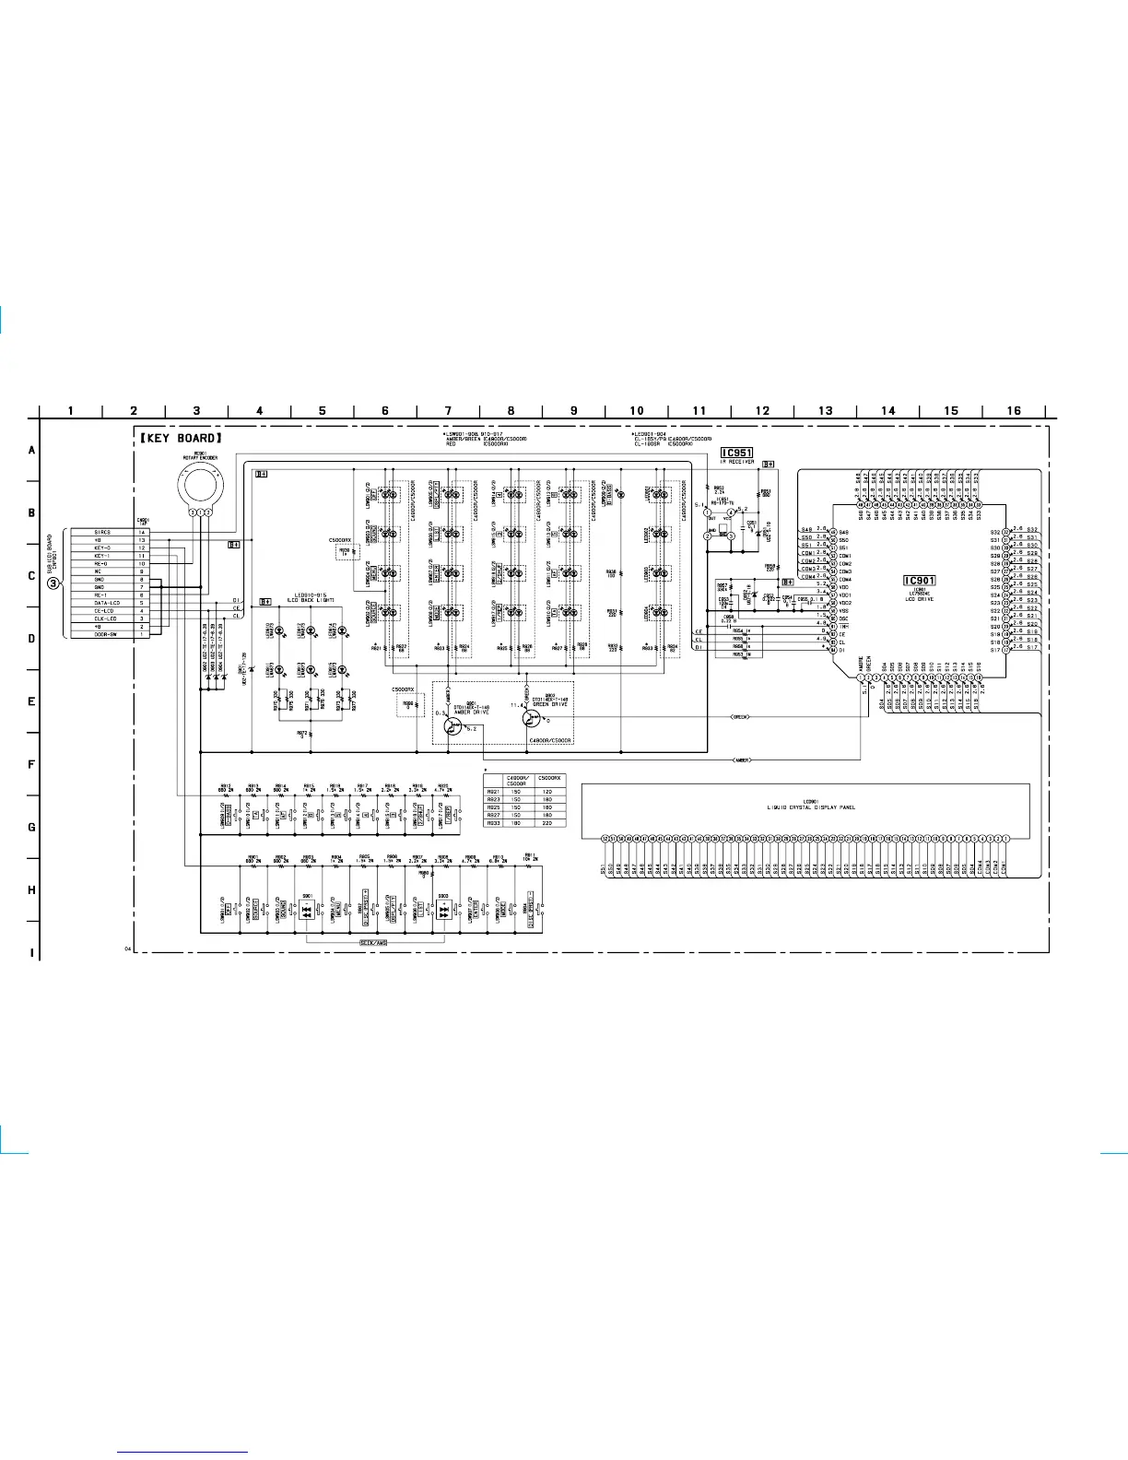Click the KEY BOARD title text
click(x=181, y=438)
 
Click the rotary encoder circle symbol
click(x=200, y=481)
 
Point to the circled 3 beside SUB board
click(x=54, y=583)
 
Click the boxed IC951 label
click(x=736, y=453)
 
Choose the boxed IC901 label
click(x=919, y=581)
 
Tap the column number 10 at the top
click(x=636, y=411)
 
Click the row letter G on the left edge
click(x=31, y=827)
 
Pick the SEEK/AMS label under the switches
click(x=373, y=943)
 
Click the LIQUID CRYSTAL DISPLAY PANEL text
click(x=811, y=807)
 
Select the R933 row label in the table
click(x=493, y=823)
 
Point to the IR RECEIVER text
click(x=736, y=462)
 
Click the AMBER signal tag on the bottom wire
click(x=742, y=760)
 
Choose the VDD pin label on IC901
click(x=845, y=587)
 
